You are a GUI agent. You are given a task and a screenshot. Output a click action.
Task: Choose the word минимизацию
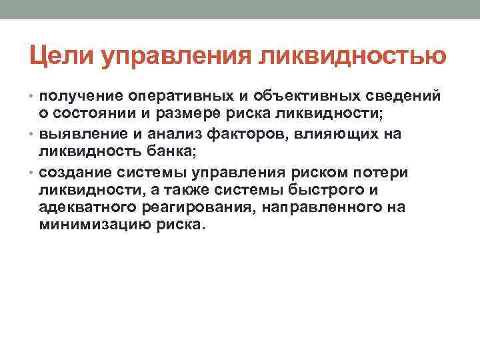89,227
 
